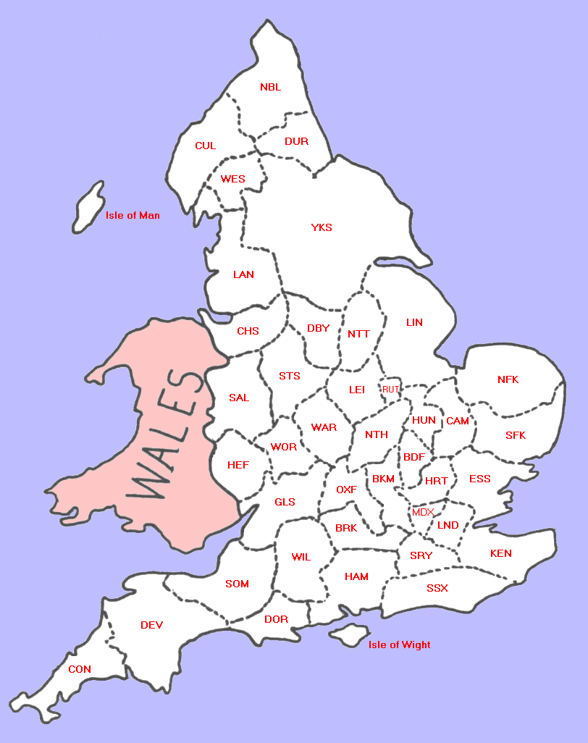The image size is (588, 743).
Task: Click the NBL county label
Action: click(270, 88)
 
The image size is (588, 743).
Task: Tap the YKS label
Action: click(322, 227)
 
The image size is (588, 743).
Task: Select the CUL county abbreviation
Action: click(205, 146)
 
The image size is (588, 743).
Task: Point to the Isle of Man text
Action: click(133, 215)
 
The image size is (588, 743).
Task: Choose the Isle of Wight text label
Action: click(399, 645)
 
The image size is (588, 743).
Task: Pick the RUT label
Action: click(391, 390)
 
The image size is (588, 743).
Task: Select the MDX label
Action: click(422, 512)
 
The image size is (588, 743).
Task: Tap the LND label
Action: click(448, 525)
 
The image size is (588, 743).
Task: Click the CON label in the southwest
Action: click(80, 669)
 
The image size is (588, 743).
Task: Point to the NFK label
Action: click(508, 379)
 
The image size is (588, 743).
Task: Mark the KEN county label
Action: click(500, 553)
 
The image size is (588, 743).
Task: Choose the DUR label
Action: click(296, 141)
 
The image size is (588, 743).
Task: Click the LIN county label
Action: click(414, 322)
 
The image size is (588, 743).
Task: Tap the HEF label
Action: click(238, 465)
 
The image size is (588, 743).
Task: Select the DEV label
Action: click(152, 625)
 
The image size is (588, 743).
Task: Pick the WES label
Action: click(233, 179)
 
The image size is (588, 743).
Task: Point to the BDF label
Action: click(414, 457)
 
